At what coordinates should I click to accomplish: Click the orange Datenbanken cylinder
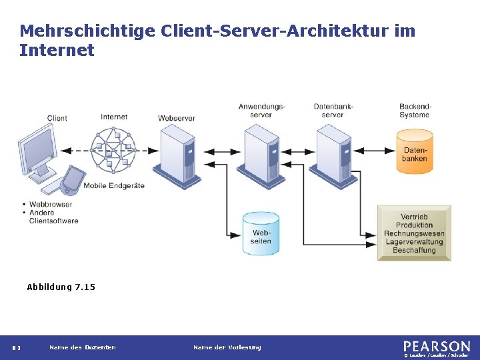(x=415, y=153)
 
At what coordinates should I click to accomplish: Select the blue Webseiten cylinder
(x=261, y=234)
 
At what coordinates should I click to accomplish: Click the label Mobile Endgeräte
(x=114, y=185)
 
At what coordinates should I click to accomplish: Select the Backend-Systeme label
(x=415, y=111)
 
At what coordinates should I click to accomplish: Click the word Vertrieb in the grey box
(x=414, y=217)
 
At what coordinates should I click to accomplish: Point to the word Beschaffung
(x=414, y=251)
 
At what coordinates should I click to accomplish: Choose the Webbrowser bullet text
(x=51, y=204)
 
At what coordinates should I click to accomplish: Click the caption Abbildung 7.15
(x=61, y=287)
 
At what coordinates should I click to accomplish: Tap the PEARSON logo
(x=437, y=346)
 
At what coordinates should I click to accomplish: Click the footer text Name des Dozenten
(x=82, y=347)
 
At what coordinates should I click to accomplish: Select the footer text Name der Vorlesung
(x=227, y=347)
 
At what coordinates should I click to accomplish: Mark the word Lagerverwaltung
(x=414, y=242)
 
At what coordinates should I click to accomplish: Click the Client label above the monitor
(x=57, y=119)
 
